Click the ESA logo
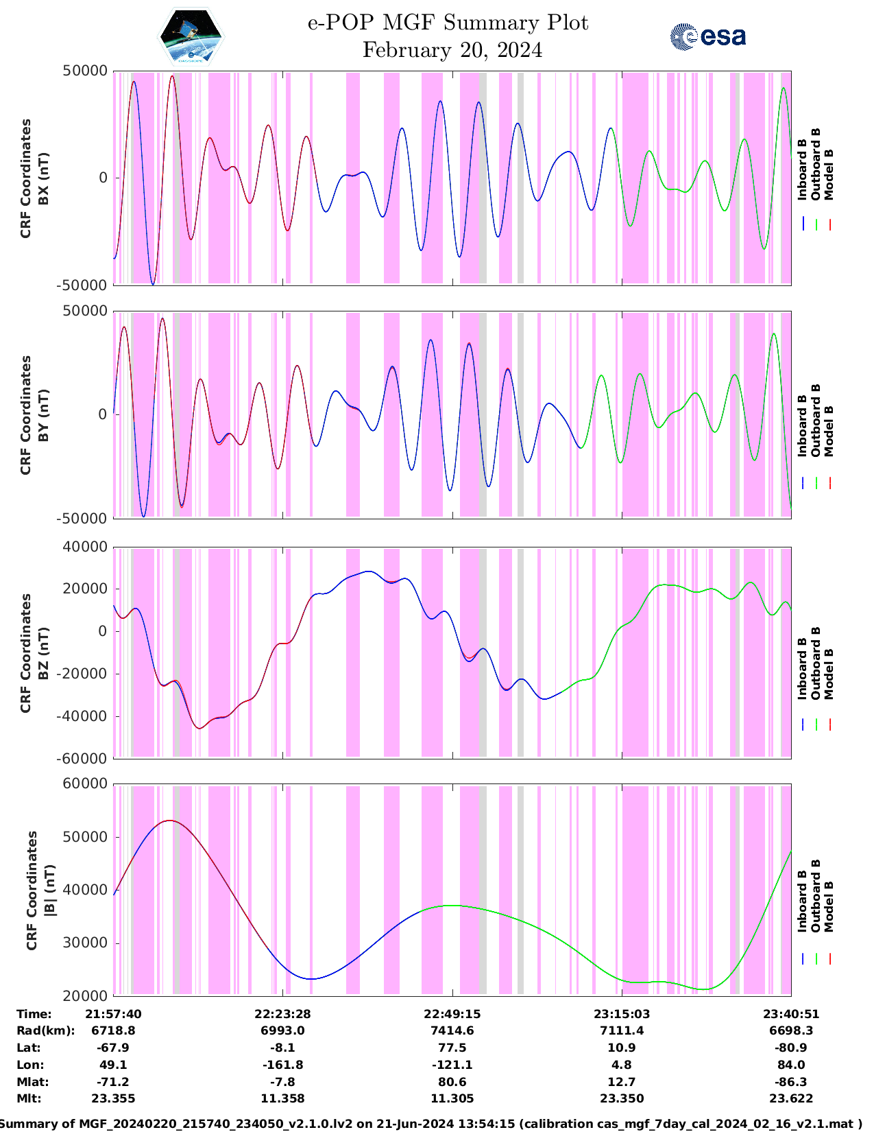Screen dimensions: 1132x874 tap(707, 36)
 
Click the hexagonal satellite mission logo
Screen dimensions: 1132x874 tap(191, 37)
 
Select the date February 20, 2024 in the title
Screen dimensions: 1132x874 tap(452, 50)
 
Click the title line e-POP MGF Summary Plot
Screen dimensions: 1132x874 tap(448, 23)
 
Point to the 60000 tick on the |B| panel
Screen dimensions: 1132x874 tap(84, 784)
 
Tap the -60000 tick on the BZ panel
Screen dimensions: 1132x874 tap(82, 759)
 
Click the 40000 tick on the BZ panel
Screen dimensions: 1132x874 tap(84, 547)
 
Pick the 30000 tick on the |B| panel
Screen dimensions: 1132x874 tap(84, 943)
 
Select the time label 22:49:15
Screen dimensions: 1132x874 tap(452, 1014)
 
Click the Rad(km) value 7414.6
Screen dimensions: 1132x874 tap(452, 1030)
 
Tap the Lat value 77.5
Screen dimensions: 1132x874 tap(452, 1048)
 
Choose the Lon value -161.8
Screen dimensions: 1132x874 tap(282, 1065)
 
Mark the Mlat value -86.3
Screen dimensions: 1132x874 tap(791, 1082)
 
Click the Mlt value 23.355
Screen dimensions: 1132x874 tap(113, 1098)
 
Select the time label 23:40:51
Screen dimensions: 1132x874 tap(791, 1014)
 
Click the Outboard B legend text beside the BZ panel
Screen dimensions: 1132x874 tap(816, 663)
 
